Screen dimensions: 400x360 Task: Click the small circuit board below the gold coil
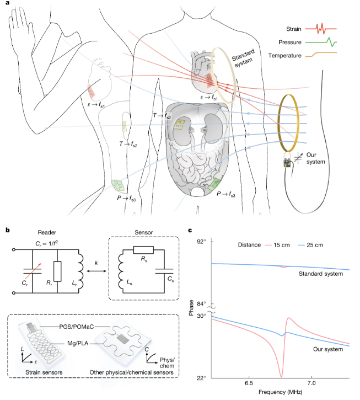tap(287, 162)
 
